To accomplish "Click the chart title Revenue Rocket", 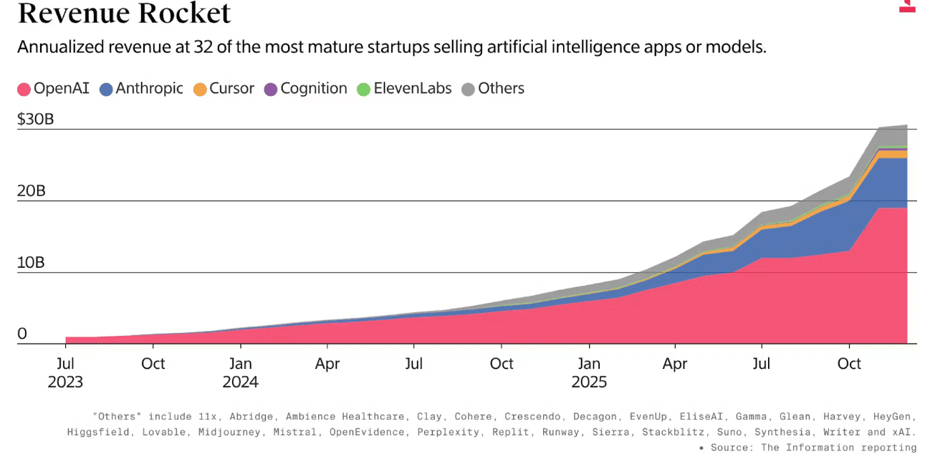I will pos(124,13).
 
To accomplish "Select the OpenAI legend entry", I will pos(54,89).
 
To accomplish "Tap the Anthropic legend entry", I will pos(141,89).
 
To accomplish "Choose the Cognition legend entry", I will pos(305,89).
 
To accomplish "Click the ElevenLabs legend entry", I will pos(404,89).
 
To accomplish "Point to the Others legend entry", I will pos(493,89).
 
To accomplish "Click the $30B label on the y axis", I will pos(36,119).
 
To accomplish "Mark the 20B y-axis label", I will pos(31,191).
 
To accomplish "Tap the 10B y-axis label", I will pos(31,263).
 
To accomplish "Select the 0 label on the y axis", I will pos(22,334).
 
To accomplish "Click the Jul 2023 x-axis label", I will pos(65,372).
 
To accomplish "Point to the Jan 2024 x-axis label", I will pos(241,372).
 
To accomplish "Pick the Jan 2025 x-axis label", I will pos(589,372).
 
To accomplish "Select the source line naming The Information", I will pos(812,448).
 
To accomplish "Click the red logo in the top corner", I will pos(908,6).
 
